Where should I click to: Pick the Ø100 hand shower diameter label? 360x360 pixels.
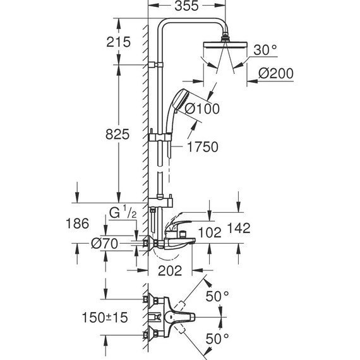click(201, 109)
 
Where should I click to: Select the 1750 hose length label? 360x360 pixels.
click(202, 147)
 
